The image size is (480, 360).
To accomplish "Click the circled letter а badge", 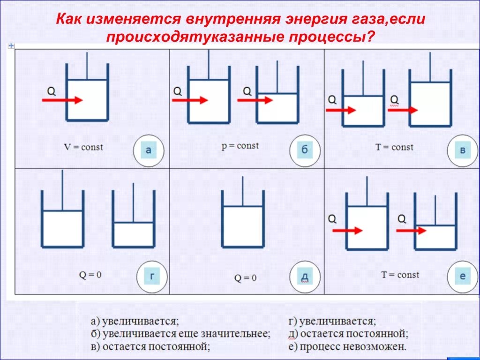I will (x=149, y=150).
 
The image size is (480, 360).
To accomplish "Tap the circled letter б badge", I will (x=304, y=150).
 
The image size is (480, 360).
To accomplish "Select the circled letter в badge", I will (x=462, y=150).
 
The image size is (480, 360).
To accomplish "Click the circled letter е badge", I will (x=462, y=277).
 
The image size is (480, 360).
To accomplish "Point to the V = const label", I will (x=83, y=147).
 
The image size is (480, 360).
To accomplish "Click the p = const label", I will (x=240, y=146).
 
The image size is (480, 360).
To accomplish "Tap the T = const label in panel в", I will (x=394, y=147).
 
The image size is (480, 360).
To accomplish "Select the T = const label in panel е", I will (x=400, y=275).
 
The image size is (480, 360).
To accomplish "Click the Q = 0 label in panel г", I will (x=90, y=275).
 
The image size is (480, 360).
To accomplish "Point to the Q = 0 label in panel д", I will (x=245, y=278).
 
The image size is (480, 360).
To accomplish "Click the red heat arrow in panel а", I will (x=62, y=100).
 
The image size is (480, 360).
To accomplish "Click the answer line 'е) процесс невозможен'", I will (x=347, y=347).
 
